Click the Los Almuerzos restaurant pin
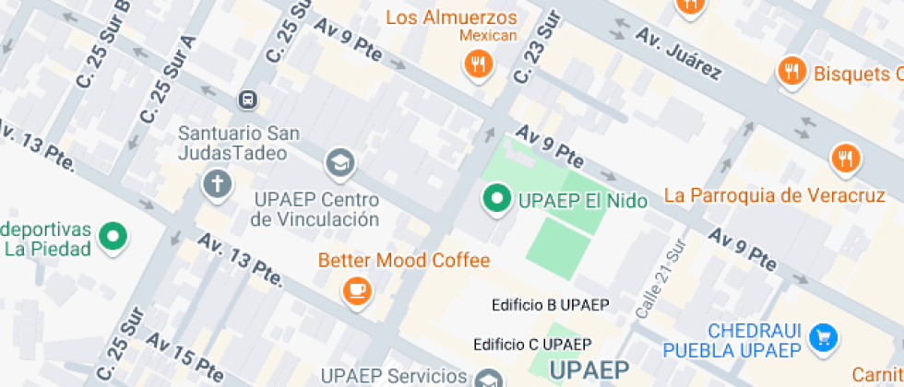tap(478, 64)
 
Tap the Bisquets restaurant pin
tap(791, 72)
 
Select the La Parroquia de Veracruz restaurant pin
tap(844, 158)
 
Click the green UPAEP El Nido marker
tap(497, 198)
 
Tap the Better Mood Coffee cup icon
tap(356, 291)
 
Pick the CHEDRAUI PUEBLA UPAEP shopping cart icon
tap(823, 338)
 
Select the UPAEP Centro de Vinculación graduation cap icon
tap(339, 164)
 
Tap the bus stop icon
tap(247, 99)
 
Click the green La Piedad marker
tap(113, 236)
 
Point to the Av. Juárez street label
tap(677, 53)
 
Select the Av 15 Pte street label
tap(184, 358)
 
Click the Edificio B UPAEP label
tap(551, 305)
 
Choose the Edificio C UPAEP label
tap(532, 345)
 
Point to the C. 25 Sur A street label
tap(168, 80)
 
